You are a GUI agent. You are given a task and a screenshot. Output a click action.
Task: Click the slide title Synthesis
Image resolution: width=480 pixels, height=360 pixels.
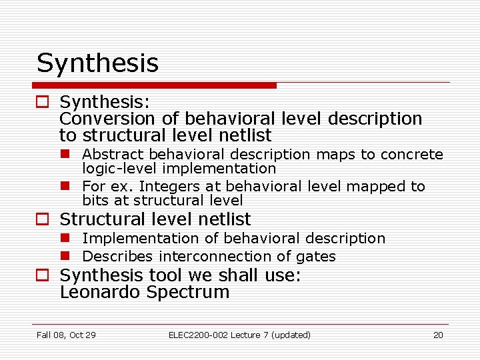pyautogui.click(x=97, y=63)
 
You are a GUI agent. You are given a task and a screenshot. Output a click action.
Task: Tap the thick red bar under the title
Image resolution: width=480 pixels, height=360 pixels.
pyautogui.click(x=155, y=85)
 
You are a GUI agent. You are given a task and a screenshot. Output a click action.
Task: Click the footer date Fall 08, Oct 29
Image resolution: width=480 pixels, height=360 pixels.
pyautogui.click(x=66, y=335)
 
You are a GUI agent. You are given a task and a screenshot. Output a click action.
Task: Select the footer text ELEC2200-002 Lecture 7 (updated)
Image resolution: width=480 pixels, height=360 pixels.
pyautogui.click(x=239, y=335)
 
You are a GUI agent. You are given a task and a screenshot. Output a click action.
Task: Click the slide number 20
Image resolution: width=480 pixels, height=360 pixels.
pyautogui.click(x=438, y=335)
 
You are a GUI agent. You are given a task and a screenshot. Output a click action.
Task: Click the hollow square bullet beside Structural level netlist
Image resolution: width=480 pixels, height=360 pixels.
pyautogui.click(x=43, y=219)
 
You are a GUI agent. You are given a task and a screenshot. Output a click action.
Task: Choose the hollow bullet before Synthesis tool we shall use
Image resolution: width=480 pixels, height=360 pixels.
pyautogui.click(x=43, y=275)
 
